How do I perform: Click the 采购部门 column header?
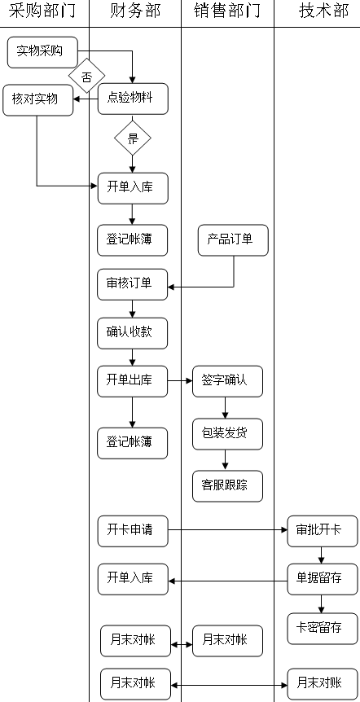click(x=42, y=11)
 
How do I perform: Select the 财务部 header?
click(x=135, y=11)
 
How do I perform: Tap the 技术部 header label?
click(x=323, y=11)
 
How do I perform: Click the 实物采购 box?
click(x=42, y=52)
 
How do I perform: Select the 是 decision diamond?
click(x=133, y=138)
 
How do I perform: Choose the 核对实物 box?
click(x=37, y=100)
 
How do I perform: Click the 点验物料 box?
click(x=133, y=99)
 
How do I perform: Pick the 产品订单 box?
click(x=233, y=240)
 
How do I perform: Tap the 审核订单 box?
click(x=133, y=284)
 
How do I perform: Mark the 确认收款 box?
click(x=133, y=334)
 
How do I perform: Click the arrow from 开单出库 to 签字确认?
click(x=180, y=381)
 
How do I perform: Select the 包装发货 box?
click(x=228, y=434)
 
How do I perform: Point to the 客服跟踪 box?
click(x=228, y=486)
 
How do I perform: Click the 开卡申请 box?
click(x=133, y=531)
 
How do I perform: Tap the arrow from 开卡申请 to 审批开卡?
click(x=228, y=530)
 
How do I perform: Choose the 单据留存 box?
click(x=323, y=579)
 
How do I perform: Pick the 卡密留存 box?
click(x=323, y=629)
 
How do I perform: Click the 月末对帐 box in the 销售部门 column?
click(x=228, y=641)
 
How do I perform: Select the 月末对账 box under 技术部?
click(x=323, y=684)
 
